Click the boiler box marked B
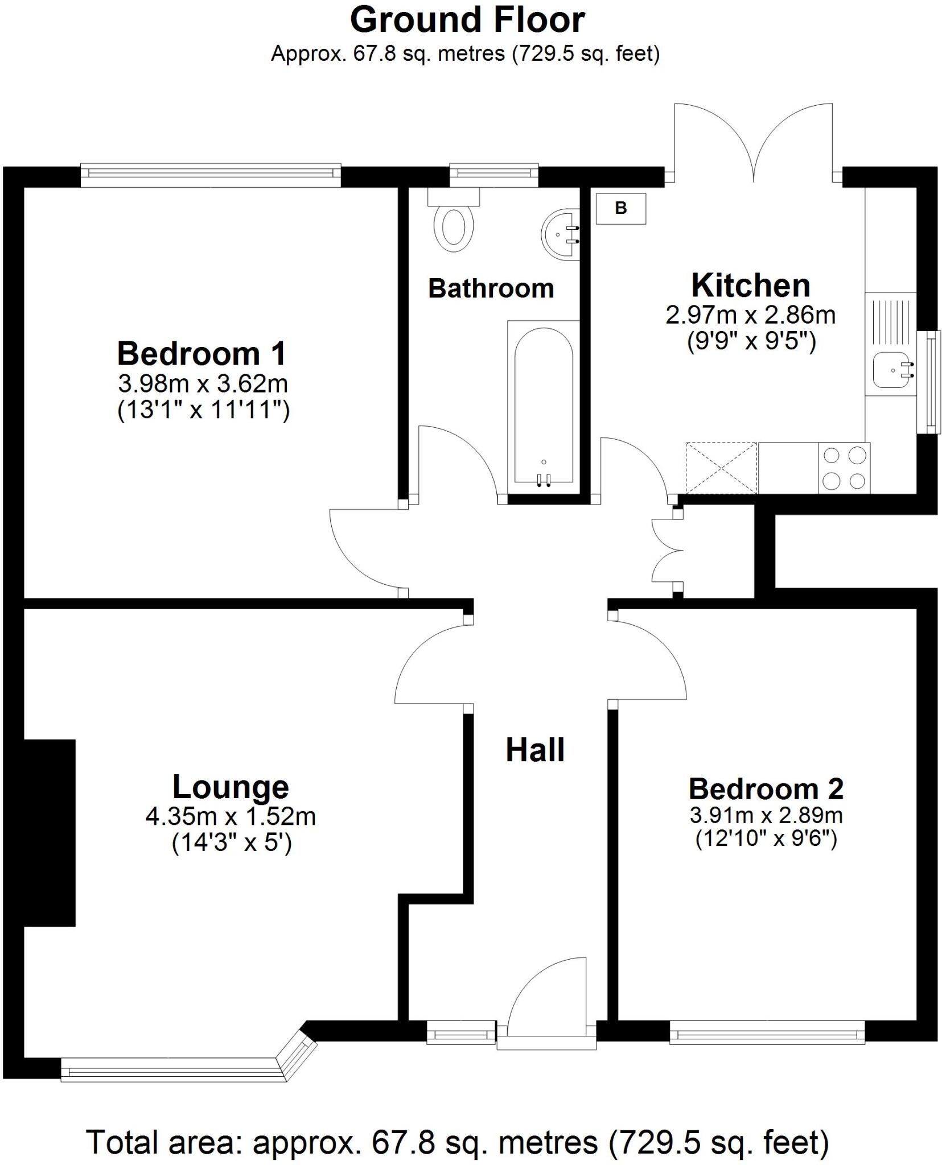tap(621, 208)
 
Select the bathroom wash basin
tap(561, 235)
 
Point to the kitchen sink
tap(894, 370)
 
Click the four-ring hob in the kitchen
tap(845, 468)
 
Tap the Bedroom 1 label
tap(201, 353)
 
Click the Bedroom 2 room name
tap(766, 788)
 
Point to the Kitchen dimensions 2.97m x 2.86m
tap(751, 315)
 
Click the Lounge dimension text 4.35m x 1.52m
tap(231, 816)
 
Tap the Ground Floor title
tap(467, 20)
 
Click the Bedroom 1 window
tap(211, 175)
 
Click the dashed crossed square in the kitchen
tap(722, 468)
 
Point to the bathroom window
tap(493, 175)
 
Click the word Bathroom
tap(491, 288)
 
